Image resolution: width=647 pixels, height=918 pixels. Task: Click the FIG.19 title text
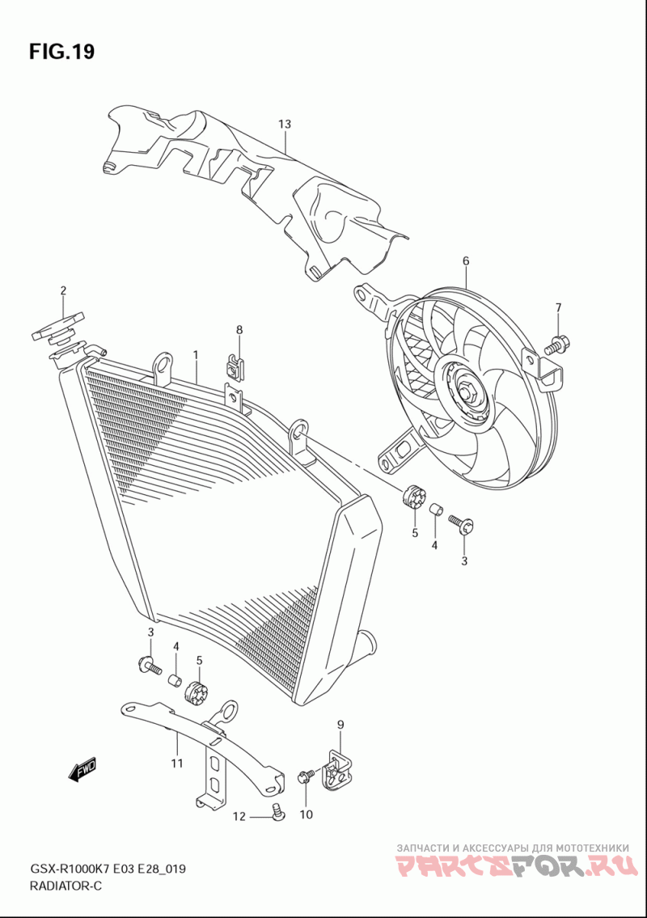(x=61, y=53)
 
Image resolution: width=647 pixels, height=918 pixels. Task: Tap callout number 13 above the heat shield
(x=284, y=125)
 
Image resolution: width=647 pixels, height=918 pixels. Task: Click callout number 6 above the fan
(x=466, y=260)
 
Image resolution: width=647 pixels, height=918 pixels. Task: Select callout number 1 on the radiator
(x=196, y=354)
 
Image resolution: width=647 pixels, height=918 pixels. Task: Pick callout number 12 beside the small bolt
(x=239, y=816)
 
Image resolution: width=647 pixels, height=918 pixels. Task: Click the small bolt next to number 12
(x=277, y=811)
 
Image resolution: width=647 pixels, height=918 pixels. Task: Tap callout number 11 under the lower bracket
(x=176, y=763)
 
